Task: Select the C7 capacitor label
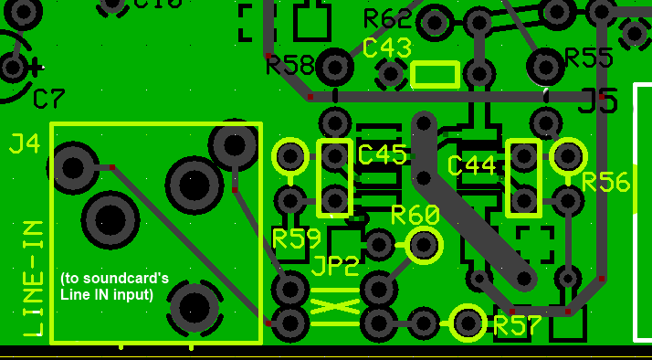pos(49,99)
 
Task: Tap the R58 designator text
pos(290,65)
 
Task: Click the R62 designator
pos(387,18)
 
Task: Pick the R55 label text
pos(589,58)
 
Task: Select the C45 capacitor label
pos(383,154)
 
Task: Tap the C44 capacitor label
pos(471,165)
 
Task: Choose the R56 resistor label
pos(605,183)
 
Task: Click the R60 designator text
pos(415,216)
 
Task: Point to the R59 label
pos(297,239)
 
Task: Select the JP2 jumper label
pos(335,267)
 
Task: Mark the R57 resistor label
pos(519,325)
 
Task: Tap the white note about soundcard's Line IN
pos(114,286)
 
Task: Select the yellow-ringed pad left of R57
pos(468,322)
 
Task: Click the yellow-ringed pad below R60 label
pos(424,245)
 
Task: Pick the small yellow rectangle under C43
pos(436,74)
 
